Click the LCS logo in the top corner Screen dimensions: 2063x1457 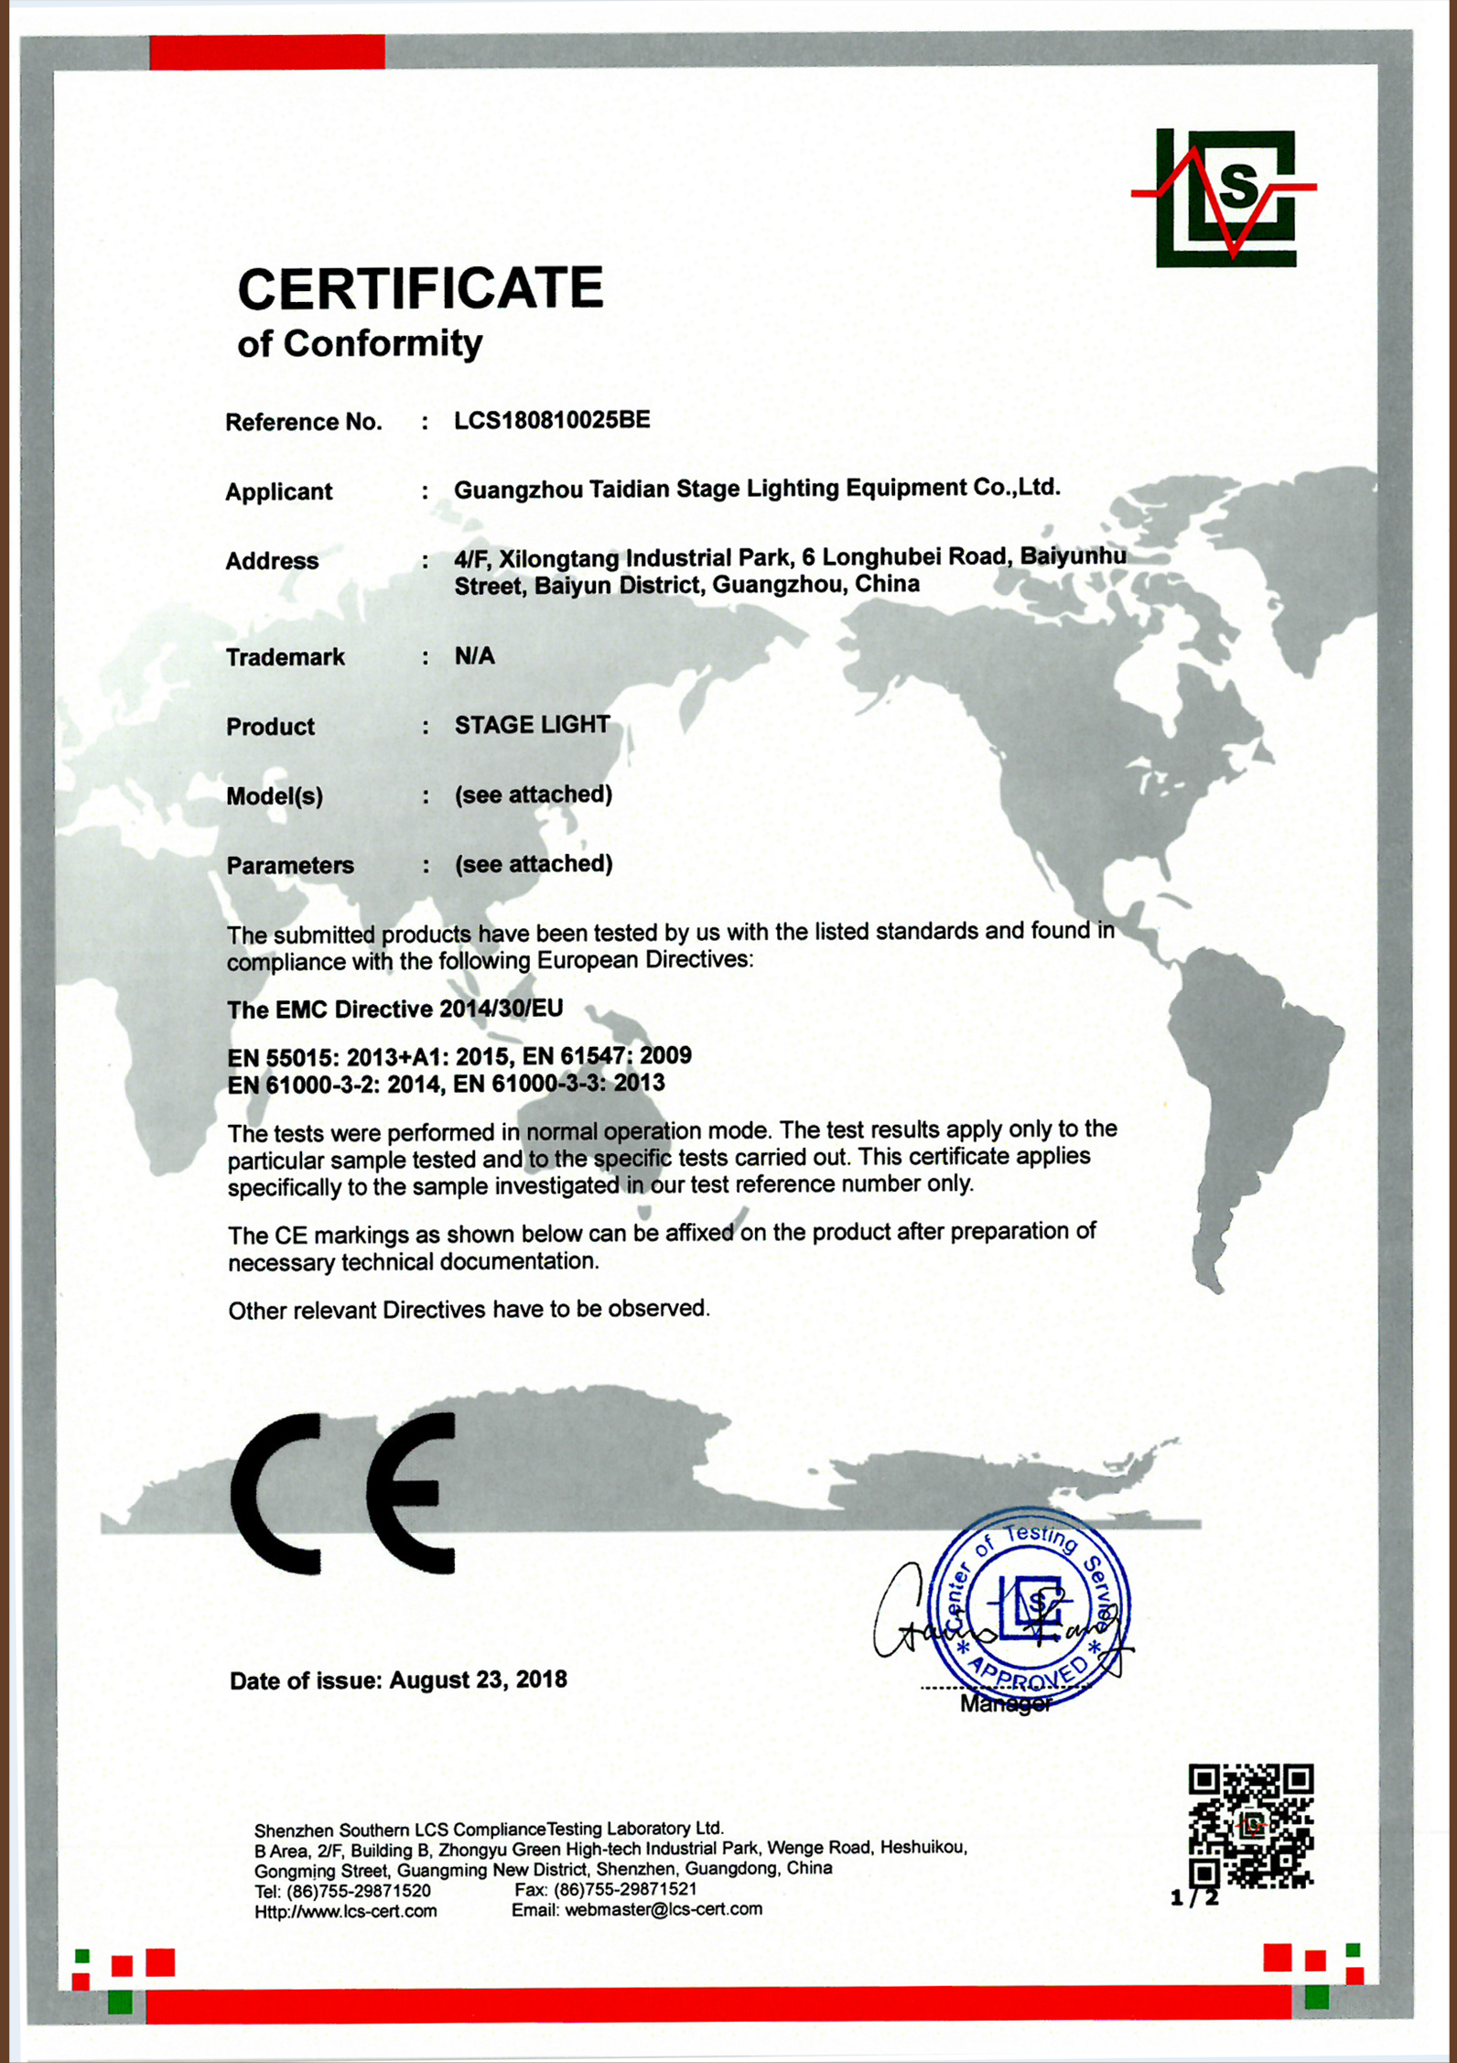(1225, 197)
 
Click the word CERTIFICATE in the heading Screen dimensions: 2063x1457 (420, 288)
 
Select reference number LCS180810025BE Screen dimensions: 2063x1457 (552, 420)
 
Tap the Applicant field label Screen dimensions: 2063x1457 (278, 491)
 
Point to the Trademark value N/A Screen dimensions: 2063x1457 (474, 655)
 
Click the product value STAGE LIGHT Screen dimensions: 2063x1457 (532, 725)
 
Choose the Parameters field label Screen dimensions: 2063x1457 (289, 865)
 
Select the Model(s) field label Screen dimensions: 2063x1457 (275, 796)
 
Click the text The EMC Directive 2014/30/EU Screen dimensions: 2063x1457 (394, 1009)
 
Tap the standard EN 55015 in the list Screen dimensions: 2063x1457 (284, 1057)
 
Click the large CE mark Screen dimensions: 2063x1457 (344, 1494)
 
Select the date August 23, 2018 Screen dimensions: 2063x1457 (478, 1680)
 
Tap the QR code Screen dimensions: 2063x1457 (1250, 1826)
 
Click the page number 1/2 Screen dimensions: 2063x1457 (1193, 1897)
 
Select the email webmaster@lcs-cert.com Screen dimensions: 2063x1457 (663, 1910)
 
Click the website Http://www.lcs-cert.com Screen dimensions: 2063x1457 (345, 1911)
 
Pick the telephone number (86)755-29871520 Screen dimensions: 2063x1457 (358, 1890)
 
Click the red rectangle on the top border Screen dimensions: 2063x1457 (267, 51)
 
